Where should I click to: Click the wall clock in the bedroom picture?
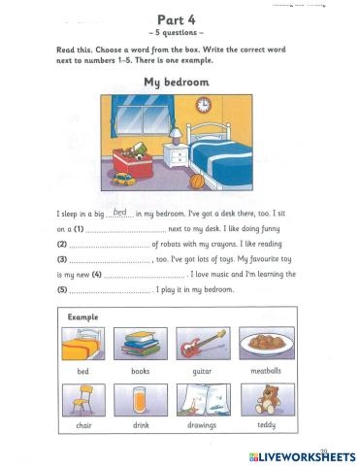(204, 105)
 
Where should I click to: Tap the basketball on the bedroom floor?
(198, 181)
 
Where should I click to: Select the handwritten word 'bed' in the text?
(120, 211)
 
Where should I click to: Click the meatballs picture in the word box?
(260, 344)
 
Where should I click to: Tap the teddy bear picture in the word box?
(260, 400)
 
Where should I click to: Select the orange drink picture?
(142, 400)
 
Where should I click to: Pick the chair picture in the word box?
(83, 400)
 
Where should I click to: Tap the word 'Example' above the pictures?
(83, 317)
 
